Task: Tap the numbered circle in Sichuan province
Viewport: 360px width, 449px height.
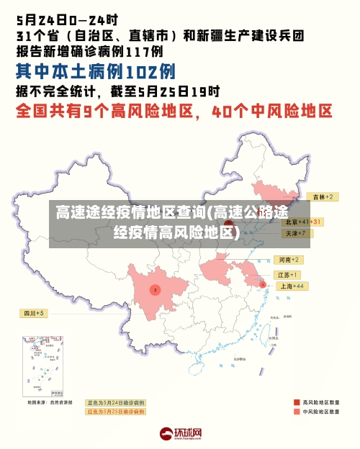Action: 154,289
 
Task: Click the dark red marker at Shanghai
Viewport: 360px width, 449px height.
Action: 262,285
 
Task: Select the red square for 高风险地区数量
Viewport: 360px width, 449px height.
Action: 297,402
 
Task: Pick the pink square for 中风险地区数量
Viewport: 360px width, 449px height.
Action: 297,412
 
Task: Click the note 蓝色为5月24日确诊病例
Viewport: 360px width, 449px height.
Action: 115,402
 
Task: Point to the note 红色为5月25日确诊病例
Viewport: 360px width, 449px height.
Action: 115,412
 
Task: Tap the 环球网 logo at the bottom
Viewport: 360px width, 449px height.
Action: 180,434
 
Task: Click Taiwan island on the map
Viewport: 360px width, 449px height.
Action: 271,332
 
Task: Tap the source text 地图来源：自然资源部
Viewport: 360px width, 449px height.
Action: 50,402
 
